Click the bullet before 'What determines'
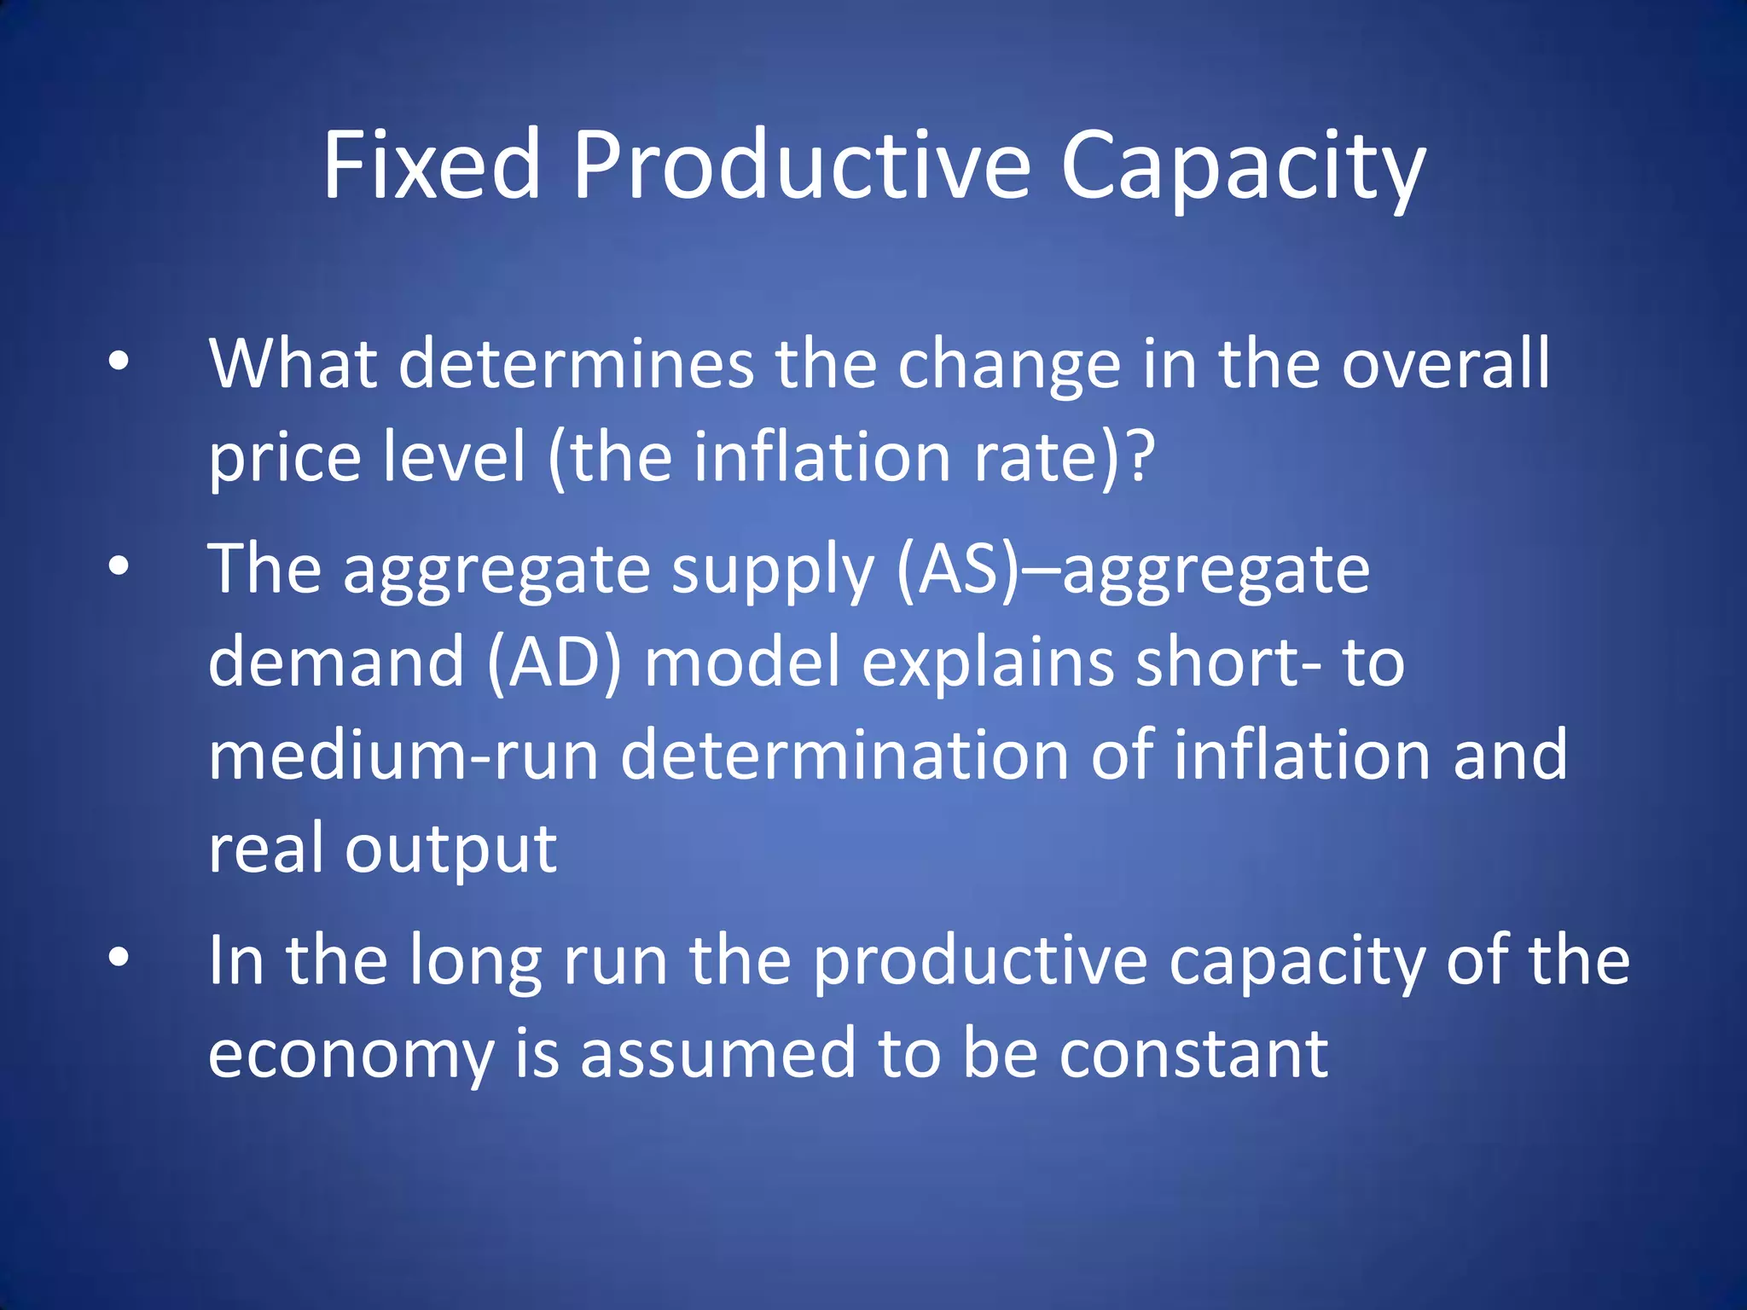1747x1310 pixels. [x=119, y=362]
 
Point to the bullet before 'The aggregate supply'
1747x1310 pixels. [x=119, y=566]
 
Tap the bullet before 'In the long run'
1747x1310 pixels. [x=119, y=958]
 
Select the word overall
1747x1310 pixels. [x=1445, y=364]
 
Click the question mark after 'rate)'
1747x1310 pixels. [x=1140, y=456]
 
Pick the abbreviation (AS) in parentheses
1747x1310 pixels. [x=957, y=569]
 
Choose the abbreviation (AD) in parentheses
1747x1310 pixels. [x=554, y=662]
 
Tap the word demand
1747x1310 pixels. [x=336, y=662]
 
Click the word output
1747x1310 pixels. [x=450, y=850]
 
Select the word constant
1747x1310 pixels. [x=1193, y=1052]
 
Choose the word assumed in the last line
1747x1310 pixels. [x=718, y=1052]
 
